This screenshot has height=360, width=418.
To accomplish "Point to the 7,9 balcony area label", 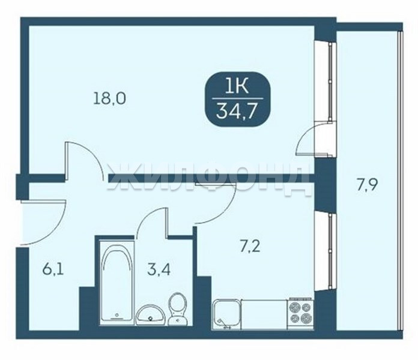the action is pyautogui.click(x=368, y=185).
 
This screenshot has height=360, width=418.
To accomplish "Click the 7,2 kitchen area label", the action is pyautogui.click(x=250, y=247).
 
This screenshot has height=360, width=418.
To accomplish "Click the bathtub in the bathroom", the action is pyautogui.click(x=117, y=282).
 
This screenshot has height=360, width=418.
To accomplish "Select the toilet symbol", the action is pyautogui.click(x=178, y=308).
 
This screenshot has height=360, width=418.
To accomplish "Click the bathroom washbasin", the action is pyautogui.click(x=150, y=315).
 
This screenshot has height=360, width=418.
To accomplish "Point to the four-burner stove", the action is pyautogui.click(x=300, y=313).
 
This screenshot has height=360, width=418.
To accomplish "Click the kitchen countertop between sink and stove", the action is pyautogui.click(x=264, y=314).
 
